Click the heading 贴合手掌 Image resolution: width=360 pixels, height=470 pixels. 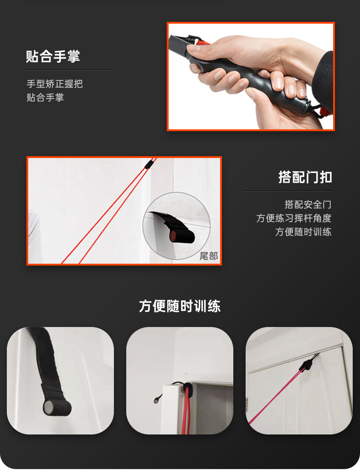(53, 56)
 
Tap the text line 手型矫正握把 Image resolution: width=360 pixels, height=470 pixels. (55, 84)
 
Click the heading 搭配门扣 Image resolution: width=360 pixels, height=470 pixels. (305, 177)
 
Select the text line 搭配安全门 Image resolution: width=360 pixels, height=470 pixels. (308, 204)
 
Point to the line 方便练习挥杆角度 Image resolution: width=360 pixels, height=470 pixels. (294, 218)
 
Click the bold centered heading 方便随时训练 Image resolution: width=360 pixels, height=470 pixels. (180, 307)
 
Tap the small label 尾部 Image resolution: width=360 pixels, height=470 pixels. (209, 256)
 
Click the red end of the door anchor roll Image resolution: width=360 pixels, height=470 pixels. (173, 237)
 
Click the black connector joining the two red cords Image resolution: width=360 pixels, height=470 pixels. (149, 164)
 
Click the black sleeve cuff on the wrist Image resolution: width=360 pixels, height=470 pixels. (324, 78)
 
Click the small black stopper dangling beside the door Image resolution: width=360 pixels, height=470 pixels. (157, 398)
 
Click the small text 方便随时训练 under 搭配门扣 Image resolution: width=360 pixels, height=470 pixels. (303, 232)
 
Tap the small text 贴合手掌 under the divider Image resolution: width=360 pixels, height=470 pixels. (45, 97)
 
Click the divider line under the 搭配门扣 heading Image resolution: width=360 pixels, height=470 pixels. (288, 191)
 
